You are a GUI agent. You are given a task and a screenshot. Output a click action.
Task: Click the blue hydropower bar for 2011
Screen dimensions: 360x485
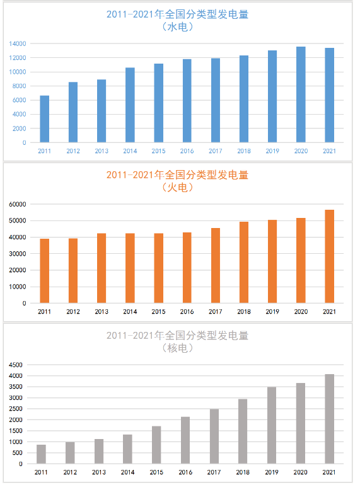pyautogui.click(x=45, y=119)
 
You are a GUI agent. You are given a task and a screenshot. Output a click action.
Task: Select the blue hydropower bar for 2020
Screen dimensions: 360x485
pyautogui.click(x=301, y=94)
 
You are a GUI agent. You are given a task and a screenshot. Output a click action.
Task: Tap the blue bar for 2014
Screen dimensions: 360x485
pyautogui.click(x=130, y=105)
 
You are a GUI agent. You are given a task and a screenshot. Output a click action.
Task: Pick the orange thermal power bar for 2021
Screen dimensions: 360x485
pyautogui.click(x=329, y=256)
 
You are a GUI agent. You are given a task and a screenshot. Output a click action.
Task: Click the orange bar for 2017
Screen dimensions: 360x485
pyautogui.click(x=216, y=266)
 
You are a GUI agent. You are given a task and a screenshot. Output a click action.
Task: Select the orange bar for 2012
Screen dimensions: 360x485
pyautogui.click(x=73, y=271)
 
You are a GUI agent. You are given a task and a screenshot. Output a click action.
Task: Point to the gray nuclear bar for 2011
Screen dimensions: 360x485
pyautogui.click(x=41, y=454)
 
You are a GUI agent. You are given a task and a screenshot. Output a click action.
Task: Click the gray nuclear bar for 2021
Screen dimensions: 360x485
pyautogui.click(x=329, y=419)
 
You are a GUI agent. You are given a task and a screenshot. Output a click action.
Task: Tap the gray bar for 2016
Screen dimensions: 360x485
pyautogui.click(x=185, y=440)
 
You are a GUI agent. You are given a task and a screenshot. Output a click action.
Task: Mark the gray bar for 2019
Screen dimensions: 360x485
pyautogui.click(x=272, y=426)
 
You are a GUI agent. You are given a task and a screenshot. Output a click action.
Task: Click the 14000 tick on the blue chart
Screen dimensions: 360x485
pyautogui.click(x=17, y=43)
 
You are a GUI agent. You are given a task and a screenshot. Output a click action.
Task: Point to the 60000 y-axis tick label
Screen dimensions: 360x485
pyautogui.click(x=17, y=204)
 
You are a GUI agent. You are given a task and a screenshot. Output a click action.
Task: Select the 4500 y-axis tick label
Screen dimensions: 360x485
pyautogui.click(x=16, y=365)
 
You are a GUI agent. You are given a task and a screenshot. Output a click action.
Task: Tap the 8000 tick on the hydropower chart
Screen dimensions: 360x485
pyautogui.click(x=19, y=86)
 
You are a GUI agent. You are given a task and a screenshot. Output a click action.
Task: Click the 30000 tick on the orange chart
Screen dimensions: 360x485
pyautogui.click(x=17, y=254)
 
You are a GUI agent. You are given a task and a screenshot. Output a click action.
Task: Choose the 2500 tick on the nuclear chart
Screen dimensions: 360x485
pyautogui.click(x=16, y=409)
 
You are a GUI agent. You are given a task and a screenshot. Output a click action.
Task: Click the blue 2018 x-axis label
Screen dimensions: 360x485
pyautogui.click(x=244, y=151)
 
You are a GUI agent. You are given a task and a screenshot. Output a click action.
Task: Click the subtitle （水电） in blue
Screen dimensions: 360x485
pyautogui.click(x=178, y=27)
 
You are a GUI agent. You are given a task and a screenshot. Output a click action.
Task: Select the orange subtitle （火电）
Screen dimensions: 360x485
pyautogui.click(x=178, y=188)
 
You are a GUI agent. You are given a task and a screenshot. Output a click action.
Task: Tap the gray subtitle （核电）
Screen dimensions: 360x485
pyautogui.click(x=178, y=348)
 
